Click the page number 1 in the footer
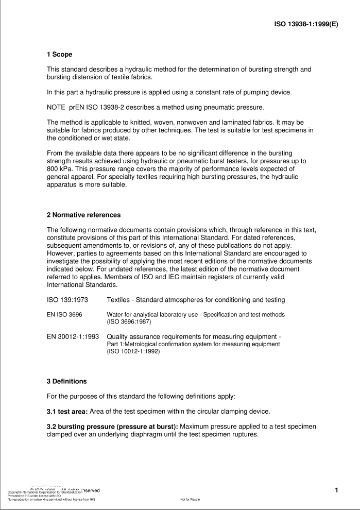point(336,490)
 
